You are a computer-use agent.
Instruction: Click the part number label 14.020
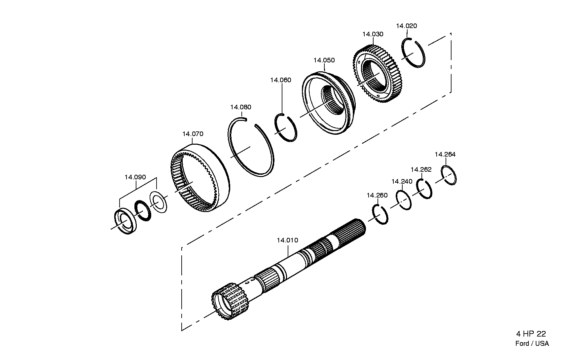tap(406, 26)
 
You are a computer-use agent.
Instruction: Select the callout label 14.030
tap(373, 34)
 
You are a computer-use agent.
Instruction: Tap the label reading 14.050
tap(324, 60)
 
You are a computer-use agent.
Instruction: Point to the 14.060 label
tap(280, 80)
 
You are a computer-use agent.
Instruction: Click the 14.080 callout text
tap(241, 107)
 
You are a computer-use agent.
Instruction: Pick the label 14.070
tap(193, 134)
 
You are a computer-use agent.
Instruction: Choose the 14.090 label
tap(135, 177)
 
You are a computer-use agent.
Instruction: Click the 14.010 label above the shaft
tap(287, 240)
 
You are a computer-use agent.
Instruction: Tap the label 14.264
tap(445, 154)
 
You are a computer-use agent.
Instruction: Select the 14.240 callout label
tap(402, 181)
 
